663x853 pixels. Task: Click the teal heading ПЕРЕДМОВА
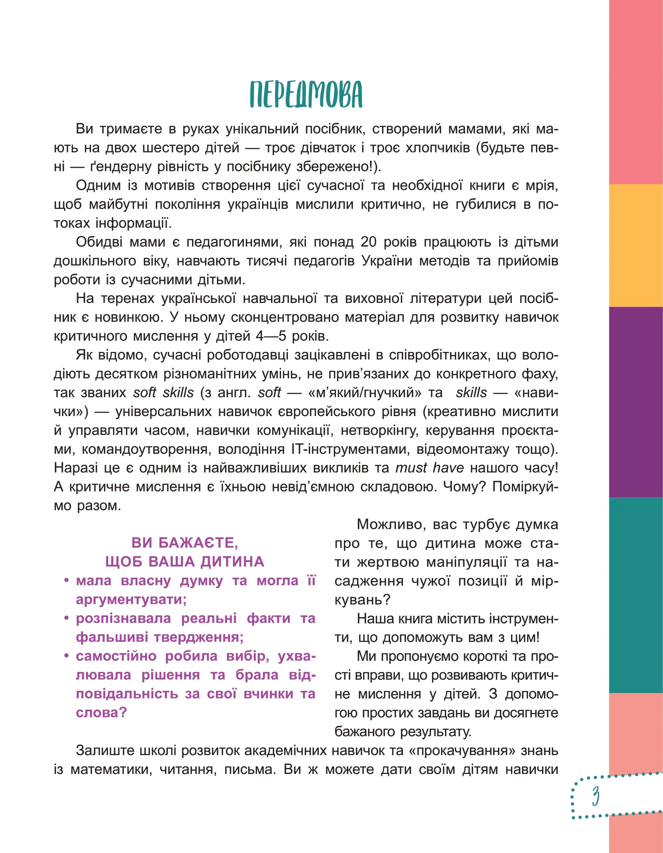coord(306,95)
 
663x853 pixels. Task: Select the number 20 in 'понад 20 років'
coord(368,242)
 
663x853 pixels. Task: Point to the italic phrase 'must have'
coord(429,468)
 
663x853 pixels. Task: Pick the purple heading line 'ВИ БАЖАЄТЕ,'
coord(185,543)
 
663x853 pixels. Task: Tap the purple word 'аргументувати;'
coord(131,599)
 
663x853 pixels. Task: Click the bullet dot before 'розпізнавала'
coord(67,618)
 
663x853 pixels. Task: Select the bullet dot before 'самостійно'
coord(67,656)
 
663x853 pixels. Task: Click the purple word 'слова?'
coord(101,713)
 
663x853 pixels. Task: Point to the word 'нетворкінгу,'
coord(380,430)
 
